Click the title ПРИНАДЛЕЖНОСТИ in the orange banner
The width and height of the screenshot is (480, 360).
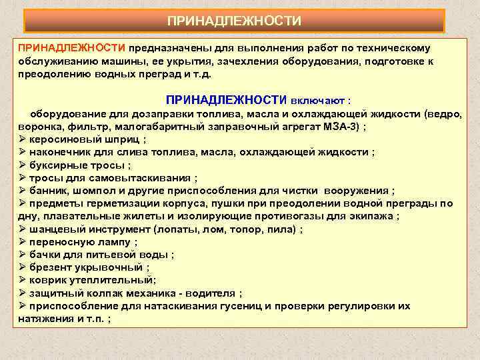click(234, 21)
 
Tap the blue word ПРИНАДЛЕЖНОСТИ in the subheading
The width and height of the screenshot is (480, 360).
click(226, 100)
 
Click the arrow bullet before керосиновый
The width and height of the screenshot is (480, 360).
click(22, 139)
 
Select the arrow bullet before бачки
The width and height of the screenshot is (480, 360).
click(22, 255)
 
